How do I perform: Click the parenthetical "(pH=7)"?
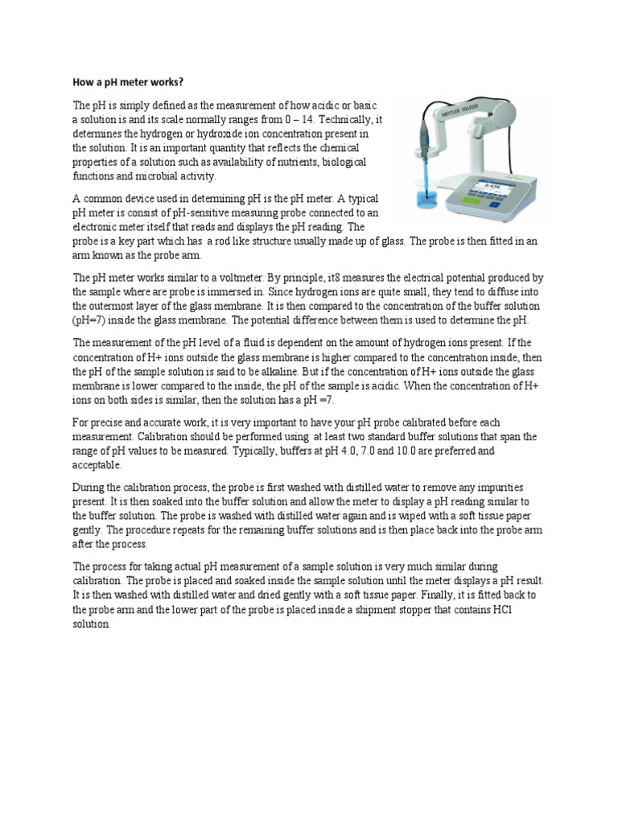(91, 320)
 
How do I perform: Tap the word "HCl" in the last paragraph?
(533, 609)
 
